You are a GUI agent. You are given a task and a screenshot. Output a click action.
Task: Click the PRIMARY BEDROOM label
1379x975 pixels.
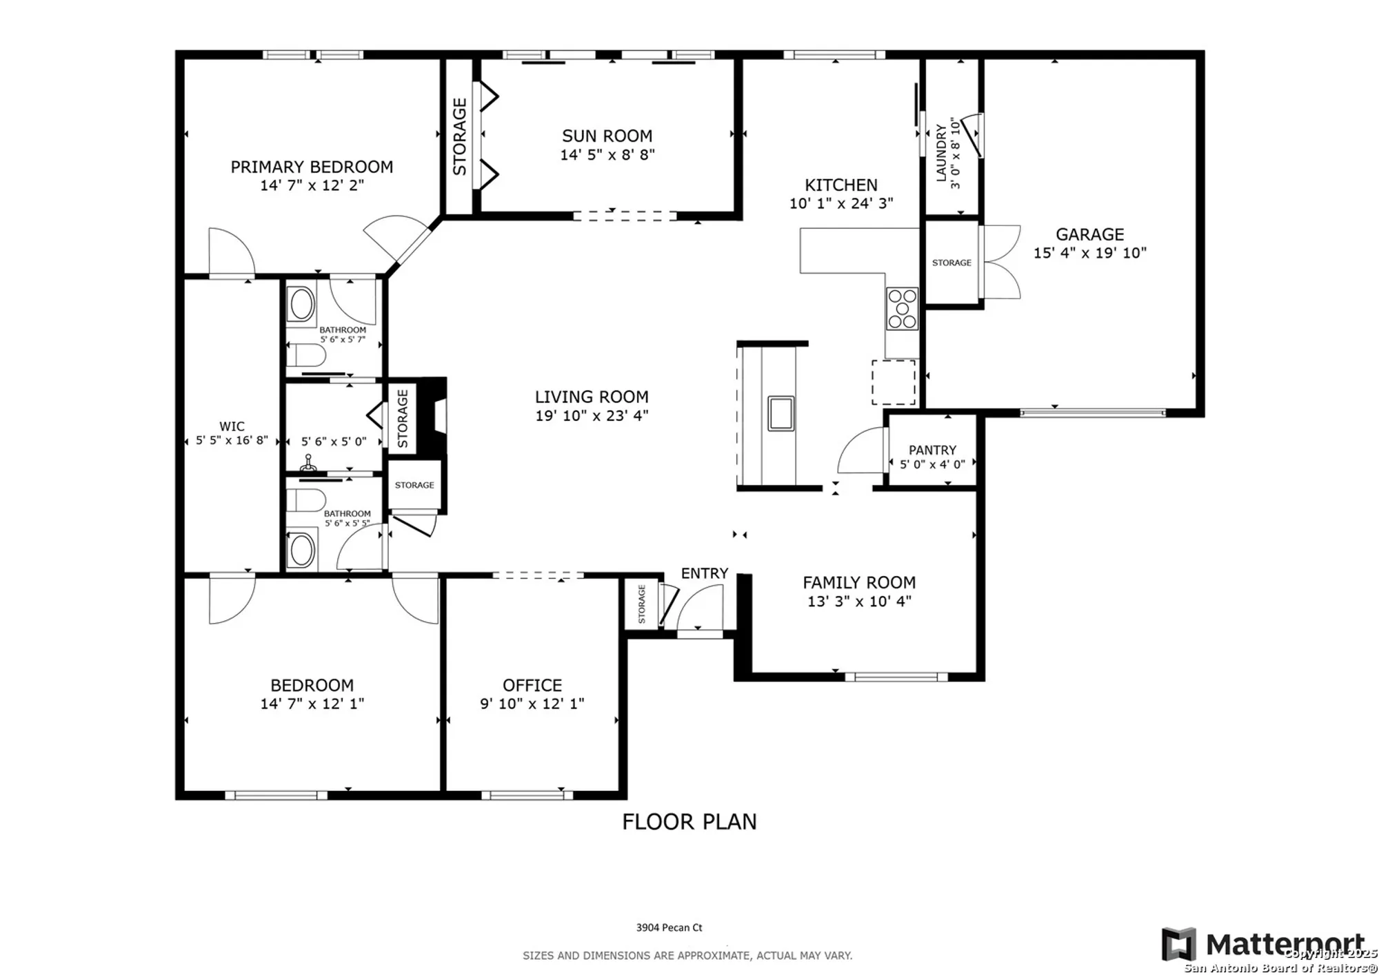click(312, 167)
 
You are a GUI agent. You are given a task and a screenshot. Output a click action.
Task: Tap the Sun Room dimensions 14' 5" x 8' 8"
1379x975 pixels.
click(607, 154)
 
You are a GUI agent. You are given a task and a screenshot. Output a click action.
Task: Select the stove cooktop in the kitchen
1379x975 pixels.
click(902, 309)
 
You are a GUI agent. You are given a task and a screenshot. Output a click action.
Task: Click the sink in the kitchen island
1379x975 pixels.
click(781, 413)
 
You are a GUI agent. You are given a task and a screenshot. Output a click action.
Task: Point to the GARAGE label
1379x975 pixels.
click(1089, 234)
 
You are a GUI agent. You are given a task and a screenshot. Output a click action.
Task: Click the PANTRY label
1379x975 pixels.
click(932, 450)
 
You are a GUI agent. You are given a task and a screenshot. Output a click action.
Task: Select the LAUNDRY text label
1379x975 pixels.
click(941, 153)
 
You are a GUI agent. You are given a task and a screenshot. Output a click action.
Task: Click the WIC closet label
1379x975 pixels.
click(232, 427)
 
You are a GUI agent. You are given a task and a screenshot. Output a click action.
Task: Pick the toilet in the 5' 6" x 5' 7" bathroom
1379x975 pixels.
click(305, 356)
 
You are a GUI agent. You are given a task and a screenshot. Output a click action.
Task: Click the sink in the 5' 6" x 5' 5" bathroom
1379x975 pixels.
click(301, 550)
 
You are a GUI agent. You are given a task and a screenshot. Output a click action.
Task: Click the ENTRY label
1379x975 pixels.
click(704, 573)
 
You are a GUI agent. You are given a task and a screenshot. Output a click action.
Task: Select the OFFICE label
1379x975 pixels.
click(532, 685)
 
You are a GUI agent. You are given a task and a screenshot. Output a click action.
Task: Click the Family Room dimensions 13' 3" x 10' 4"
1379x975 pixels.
click(859, 601)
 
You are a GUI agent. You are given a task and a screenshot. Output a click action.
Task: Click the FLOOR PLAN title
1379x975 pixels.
click(689, 821)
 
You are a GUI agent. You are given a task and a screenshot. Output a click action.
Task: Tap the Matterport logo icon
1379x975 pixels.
click(1178, 944)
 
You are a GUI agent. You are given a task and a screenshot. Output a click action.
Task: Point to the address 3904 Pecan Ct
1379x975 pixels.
click(669, 927)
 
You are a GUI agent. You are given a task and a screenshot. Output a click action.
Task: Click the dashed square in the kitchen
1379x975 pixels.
click(893, 382)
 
